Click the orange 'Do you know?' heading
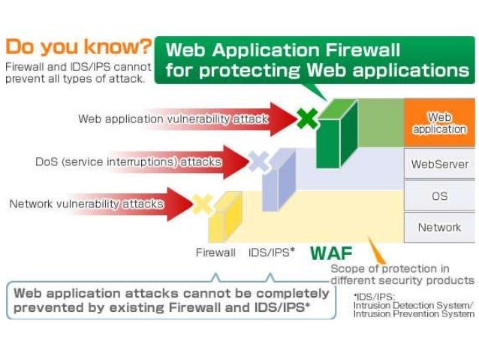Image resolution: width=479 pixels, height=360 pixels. click(78, 48)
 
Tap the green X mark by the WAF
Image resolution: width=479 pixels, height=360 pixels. click(306, 118)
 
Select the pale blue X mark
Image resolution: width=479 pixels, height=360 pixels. click(258, 161)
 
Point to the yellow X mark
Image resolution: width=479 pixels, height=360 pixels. click(202, 203)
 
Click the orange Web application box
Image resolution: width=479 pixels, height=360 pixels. click(439, 123)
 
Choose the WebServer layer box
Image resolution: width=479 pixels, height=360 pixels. click(439, 164)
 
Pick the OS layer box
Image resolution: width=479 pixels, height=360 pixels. click(439, 195)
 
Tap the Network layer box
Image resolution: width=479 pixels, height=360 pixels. click(439, 227)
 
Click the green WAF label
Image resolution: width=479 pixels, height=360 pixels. click(331, 253)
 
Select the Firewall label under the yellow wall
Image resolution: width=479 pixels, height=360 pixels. click(215, 253)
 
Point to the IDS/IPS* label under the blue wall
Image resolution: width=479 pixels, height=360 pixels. click(271, 253)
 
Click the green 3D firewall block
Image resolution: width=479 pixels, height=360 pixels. click(334, 135)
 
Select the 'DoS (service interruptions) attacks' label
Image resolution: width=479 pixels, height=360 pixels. click(128, 162)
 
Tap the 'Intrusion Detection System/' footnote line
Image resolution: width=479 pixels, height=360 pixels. click(413, 305)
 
